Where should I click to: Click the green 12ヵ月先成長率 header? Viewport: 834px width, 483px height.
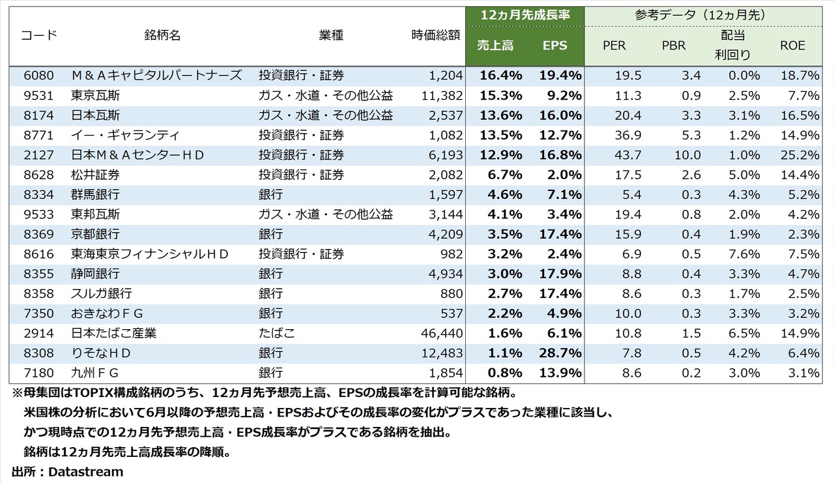[x=525, y=14]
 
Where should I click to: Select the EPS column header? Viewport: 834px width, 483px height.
[x=554, y=46]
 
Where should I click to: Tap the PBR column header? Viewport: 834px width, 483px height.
[x=673, y=46]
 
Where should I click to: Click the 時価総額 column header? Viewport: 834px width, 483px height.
[x=437, y=35]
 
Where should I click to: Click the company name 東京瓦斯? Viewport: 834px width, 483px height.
[x=95, y=95]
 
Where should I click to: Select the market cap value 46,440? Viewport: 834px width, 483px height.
[x=442, y=333]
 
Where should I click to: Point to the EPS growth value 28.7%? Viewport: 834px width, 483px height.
[x=560, y=353]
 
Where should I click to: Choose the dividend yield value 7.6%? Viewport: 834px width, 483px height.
[x=745, y=254]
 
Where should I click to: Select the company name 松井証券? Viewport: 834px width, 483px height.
[x=95, y=175]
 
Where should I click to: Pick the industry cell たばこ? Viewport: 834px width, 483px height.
[x=277, y=333]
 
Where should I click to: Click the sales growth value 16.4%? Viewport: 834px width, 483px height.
[x=500, y=75]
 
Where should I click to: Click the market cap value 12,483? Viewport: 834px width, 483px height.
[x=442, y=353]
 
